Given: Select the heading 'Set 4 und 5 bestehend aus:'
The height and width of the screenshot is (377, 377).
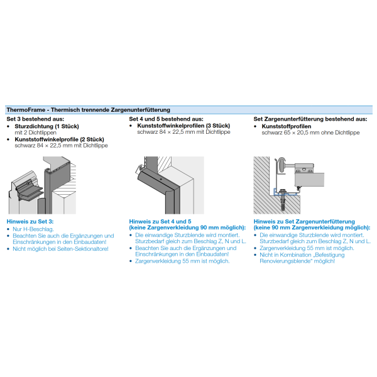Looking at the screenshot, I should (x=166, y=119).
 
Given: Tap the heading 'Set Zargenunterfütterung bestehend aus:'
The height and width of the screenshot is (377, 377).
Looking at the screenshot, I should (x=310, y=119).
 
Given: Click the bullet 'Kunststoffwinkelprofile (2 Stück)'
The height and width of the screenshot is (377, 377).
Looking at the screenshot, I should (x=59, y=139).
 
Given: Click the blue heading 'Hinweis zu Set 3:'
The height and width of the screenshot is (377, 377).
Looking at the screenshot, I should (x=30, y=222).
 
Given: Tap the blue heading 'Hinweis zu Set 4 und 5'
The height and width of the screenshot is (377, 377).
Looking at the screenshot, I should (x=160, y=221).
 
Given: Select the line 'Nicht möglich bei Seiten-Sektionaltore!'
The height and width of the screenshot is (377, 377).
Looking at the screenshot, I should (x=60, y=249).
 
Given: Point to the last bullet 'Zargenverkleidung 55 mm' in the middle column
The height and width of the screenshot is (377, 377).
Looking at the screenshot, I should (x=182, y=261).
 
